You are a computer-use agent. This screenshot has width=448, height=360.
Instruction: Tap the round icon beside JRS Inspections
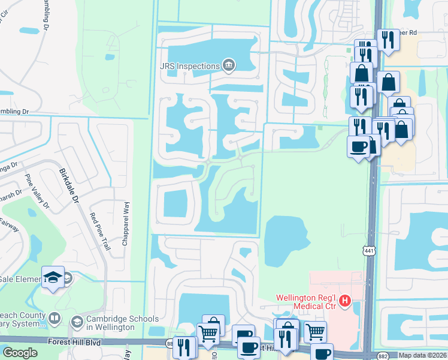click(228, 64)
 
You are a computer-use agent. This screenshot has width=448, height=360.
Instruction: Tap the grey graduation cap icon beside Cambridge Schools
click(77, 323)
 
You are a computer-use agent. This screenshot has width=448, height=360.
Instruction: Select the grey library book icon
click(55, 319)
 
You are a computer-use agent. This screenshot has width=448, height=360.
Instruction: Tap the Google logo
click(20, 353)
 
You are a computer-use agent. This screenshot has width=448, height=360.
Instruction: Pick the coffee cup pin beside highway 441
click(358, 146)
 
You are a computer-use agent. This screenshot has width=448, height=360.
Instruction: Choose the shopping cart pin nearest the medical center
click(315, 331)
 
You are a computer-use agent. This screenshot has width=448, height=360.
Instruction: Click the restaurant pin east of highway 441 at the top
click(388, 40)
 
